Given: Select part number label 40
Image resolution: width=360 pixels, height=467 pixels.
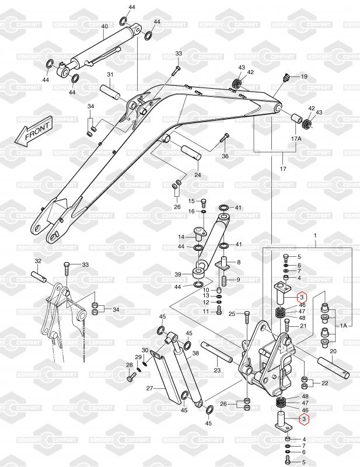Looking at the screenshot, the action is [104, 26].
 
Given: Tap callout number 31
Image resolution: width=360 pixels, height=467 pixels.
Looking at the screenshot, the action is [110, 74].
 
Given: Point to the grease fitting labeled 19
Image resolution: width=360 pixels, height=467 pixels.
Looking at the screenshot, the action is [286, 78].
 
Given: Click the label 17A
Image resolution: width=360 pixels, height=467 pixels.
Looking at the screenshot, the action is [296, 139].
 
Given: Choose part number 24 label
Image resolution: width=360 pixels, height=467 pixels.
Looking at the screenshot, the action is [197, 175].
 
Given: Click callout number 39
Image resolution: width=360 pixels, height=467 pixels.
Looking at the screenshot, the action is [178, 274].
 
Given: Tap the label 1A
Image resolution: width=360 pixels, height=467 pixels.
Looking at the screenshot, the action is [344, 326].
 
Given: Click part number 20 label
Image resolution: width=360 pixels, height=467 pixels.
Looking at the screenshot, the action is [333, 351].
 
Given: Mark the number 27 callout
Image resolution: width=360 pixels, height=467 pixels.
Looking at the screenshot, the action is [149, 388].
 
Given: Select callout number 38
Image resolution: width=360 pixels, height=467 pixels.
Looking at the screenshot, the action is [195, 354].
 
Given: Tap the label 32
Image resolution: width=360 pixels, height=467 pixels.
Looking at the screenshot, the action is [38, 261].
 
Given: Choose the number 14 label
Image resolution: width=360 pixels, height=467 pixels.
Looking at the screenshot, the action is [181, 237].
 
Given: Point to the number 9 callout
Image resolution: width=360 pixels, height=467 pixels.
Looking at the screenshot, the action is [238, 280].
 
